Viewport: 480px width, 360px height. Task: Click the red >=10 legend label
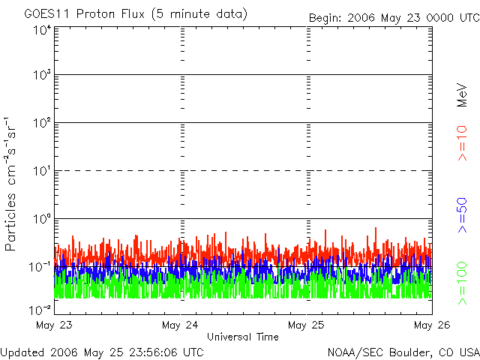pyautogui.click(x=463, y=143)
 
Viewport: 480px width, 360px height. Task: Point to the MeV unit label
pyautogui.click(x=463, y=94)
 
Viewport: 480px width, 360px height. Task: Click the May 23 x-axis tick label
pyautogui.click(x=53, y=325)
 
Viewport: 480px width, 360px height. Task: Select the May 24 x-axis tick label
pyautogui.click(x=180, y=325)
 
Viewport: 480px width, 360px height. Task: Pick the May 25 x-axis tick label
pyautogui.click(x=307, y=325)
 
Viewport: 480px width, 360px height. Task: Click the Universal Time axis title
pyautogui.click(x=242, y=337)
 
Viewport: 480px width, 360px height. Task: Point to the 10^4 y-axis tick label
pyautogui.click(x=40, y=30)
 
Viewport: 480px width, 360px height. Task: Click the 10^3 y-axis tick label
pyautogui.click(x=40, y=76)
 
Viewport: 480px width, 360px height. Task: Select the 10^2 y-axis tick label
pyautogui.click(x=40, y=124)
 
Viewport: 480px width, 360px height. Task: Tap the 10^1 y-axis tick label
pyautogui.click(x=40, y=172)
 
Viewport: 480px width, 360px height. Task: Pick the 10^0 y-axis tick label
pyautogui.click(x=40, y=220)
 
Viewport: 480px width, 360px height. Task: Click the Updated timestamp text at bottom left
pyautogui.click(x=102, y=351)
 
